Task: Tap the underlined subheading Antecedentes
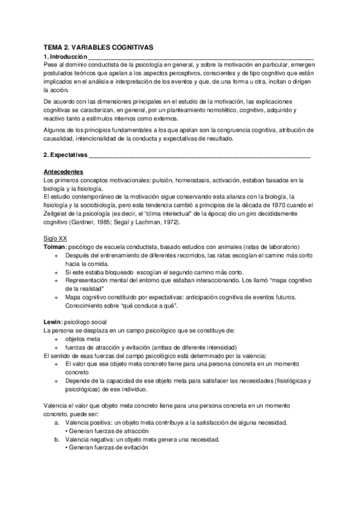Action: click(64, 171)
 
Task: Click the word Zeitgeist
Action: click(59, 214)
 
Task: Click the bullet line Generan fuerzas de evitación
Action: click(109, 447)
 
